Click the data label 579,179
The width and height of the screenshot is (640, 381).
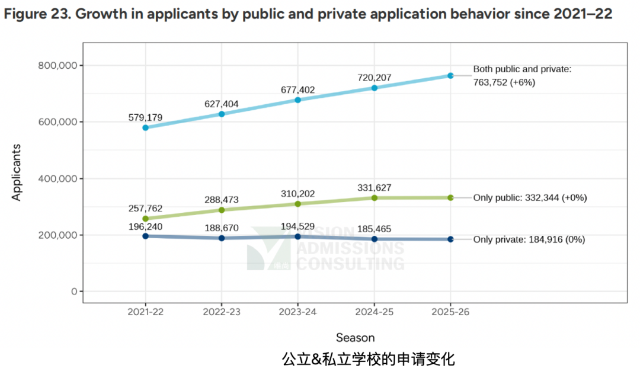(145, 117)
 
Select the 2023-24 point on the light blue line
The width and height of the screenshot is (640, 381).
(297, 100)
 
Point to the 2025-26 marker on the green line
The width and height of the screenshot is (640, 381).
(450, 197)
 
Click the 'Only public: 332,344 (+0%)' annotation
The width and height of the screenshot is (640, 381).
(530, 198)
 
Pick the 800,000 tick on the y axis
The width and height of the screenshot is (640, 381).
(57, 66)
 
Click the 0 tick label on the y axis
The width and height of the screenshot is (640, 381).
(73, 292)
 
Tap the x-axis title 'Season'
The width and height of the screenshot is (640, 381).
(356, 338)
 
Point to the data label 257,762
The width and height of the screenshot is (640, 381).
(145, 209)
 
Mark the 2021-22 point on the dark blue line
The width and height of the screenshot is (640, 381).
(145, 236)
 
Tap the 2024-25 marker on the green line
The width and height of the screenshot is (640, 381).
(374, 198)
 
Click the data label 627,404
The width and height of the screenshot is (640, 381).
(222, 104)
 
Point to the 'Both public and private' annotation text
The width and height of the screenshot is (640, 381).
(521, 69)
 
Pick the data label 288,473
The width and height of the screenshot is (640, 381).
(222, 200)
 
